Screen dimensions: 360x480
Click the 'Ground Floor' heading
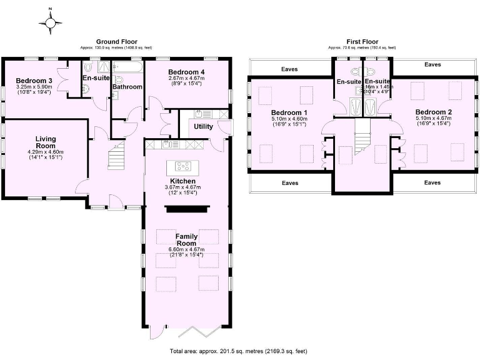coord(116,42)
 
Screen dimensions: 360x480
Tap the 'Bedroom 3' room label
coord(34,81)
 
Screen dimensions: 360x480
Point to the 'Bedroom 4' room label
coord(186,72)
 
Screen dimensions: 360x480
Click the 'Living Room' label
coord(45,142)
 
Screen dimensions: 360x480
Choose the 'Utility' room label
coord(204,126)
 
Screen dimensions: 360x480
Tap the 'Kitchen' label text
coord(186,181)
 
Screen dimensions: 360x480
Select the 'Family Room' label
coord(186,241)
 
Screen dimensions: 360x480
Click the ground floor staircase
coord(116,156)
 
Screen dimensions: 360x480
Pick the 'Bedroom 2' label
coord(433,112)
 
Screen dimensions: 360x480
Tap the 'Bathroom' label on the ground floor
coord(127,87)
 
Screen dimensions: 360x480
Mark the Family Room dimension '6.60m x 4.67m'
coord(186,249)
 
